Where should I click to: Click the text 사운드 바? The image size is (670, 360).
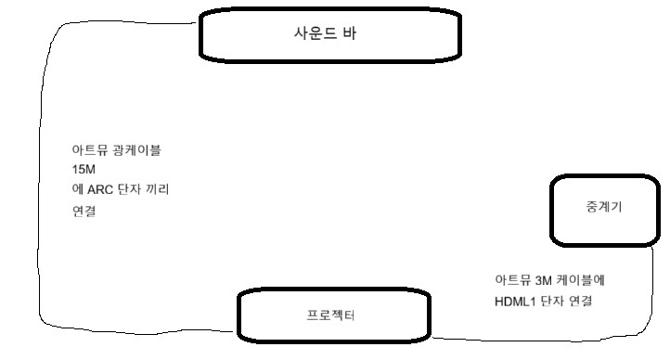coord(325,33)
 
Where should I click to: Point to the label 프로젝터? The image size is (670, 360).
coord(330,315)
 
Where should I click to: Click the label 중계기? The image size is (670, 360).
coord(604,207)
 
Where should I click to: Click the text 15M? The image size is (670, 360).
coord(84,170)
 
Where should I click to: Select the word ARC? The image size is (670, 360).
coord(100,189)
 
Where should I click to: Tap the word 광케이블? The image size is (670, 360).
coord(136,150)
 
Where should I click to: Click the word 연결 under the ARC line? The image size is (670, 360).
coord(84,211)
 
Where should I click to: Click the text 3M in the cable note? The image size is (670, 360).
coord(543,280)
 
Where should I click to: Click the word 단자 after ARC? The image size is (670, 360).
coord(129,188)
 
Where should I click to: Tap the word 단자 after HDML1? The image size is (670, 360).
coord(552,301)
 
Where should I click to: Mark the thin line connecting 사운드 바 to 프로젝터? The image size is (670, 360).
coord(39,213)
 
